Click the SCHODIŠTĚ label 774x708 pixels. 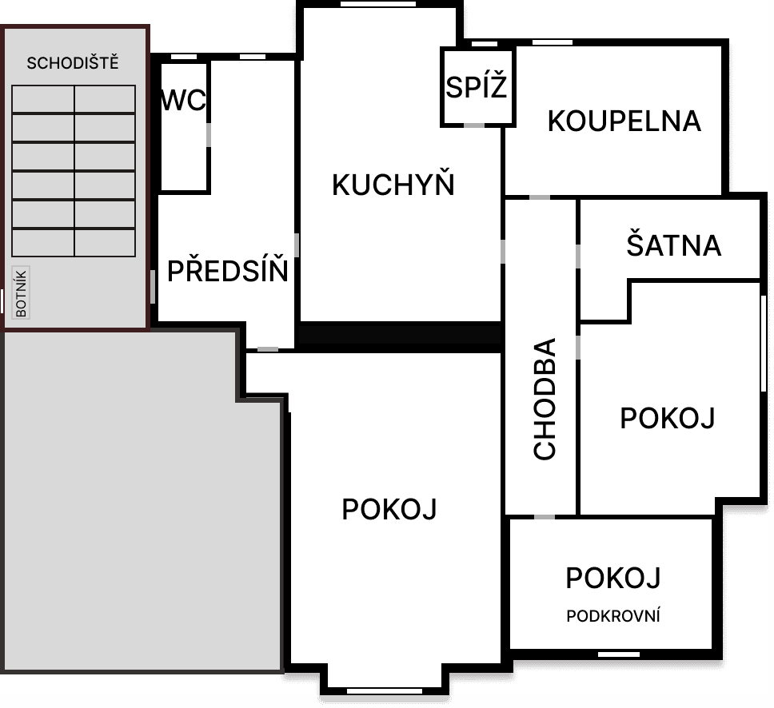click(73, 63)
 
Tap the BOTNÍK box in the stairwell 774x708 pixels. click(21, 292)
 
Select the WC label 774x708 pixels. click(184, 100)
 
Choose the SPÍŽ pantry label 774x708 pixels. click(477, 86)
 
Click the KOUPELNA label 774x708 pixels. click(624, 121)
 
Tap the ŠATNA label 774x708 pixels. click(674, 245)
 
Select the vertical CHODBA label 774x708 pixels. click(545, 399)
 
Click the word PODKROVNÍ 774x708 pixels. click(613, 616)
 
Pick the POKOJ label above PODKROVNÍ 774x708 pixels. click(613, 578)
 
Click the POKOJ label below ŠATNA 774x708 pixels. click(668, 419)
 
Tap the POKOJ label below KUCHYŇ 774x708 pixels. click(389, 509)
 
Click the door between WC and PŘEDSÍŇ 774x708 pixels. click(209, 135)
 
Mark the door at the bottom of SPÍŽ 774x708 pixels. click(474, 125)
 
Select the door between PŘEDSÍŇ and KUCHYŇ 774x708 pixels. click(297, 245)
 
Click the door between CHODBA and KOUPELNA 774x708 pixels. click(540, 197)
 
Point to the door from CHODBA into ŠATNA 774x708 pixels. click(578, 256)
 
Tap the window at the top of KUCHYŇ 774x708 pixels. click(378, 4)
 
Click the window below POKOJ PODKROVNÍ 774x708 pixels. click(619, 654)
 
